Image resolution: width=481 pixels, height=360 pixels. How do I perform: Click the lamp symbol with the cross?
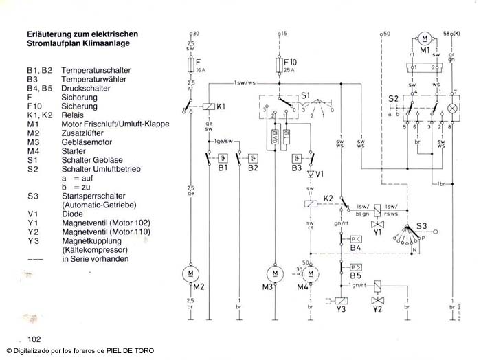(x=452, y=109)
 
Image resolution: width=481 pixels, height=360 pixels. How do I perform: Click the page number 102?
(x=35, y=339)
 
